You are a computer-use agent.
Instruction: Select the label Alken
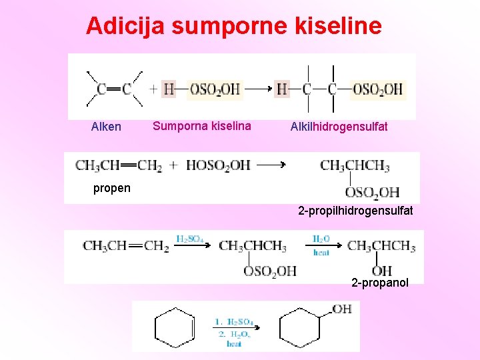point(106,127)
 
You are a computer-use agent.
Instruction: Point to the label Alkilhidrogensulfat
point(339,127)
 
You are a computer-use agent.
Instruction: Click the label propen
point(112,188)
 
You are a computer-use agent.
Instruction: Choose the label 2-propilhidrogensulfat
point(355,211)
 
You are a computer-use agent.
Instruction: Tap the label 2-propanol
point(380,283)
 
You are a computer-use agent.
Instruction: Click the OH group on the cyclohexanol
point(341,309)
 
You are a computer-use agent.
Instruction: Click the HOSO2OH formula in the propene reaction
point(218,165)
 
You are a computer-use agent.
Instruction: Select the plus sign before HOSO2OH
point(173,165)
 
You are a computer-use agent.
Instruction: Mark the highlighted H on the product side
point(283,89)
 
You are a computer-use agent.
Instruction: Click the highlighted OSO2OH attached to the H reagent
point(214,89)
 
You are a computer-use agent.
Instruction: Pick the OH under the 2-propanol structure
point(381,271)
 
